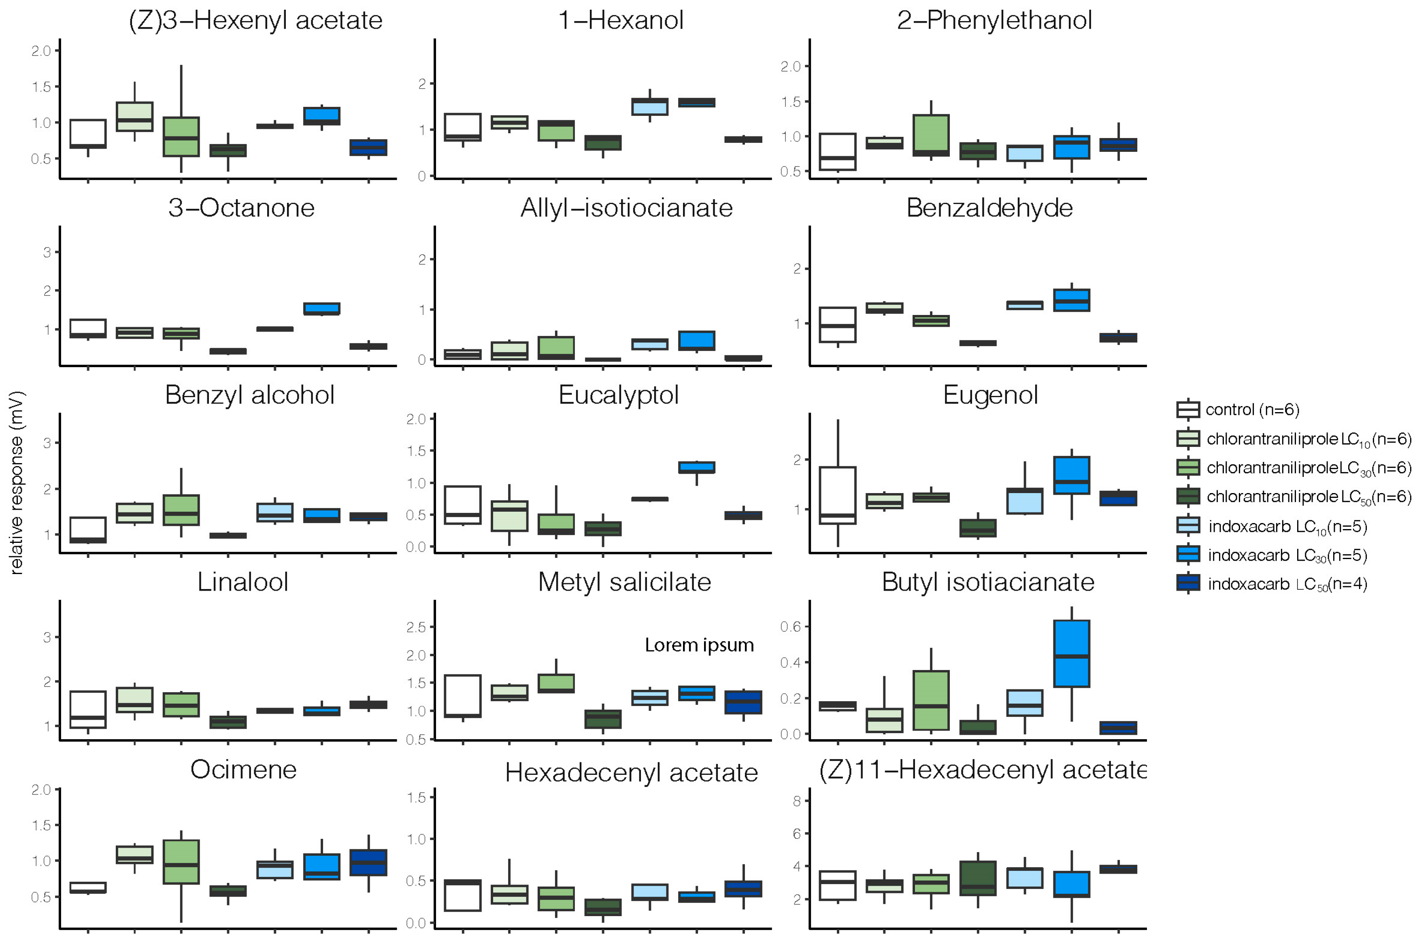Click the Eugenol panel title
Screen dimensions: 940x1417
[x=990, y=395]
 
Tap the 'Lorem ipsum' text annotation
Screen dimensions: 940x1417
[x=699, y=645]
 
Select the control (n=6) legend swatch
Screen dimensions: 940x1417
[x=1187, y=409]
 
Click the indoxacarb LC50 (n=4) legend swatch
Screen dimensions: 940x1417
[x=1187, y=583]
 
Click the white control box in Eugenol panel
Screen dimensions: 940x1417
[x=837, y=495]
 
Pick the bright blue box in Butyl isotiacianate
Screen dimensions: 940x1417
[x=1072, y=653]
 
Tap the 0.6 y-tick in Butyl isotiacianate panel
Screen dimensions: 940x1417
[x=791, y=627]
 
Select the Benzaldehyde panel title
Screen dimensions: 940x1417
[x=989, y=208]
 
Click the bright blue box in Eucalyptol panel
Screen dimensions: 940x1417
[x=696, y=467]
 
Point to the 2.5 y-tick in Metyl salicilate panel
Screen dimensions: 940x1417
[x=415, y=627]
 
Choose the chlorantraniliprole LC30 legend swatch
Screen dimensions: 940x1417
[x=1187, y=467]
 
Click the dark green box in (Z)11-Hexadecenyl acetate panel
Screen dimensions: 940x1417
[x=978, y=878]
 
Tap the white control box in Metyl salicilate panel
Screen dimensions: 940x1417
[x=463, y=696]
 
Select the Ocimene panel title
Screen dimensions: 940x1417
[x=243, y=770]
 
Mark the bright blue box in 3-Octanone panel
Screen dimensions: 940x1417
[x=322, y=308]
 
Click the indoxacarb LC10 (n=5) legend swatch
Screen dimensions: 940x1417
[x=1187, y=525]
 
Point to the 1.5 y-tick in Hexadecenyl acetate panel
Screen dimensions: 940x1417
[x=415, y=798]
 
